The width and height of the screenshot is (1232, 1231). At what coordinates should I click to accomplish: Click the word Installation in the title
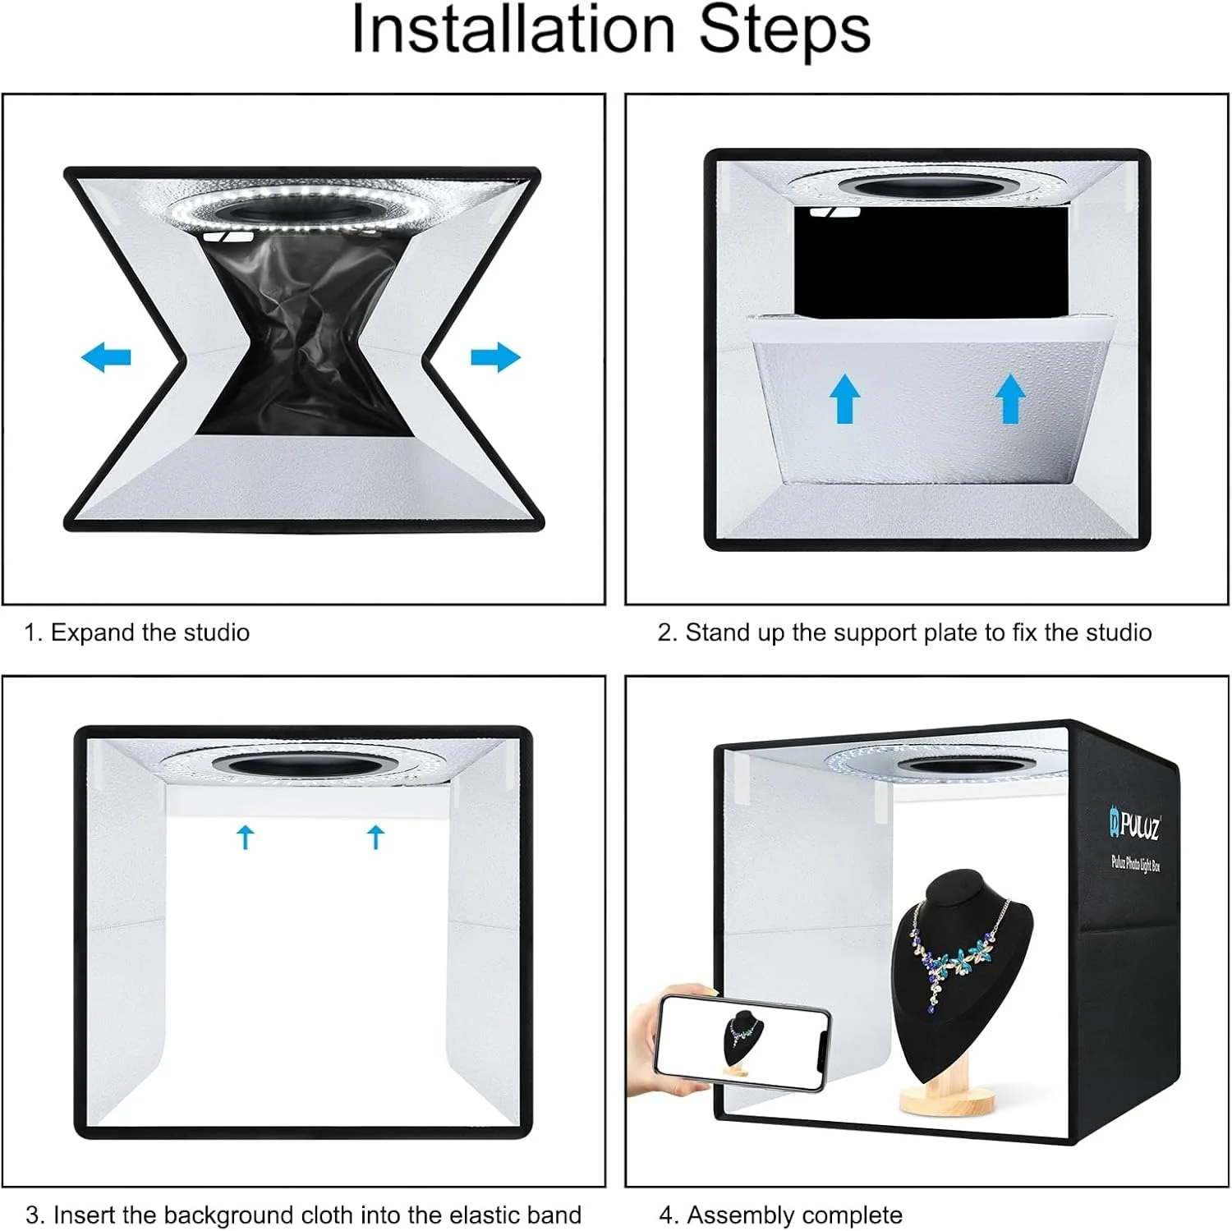pos(513,30)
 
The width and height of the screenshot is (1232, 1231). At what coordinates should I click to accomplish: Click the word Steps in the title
pos(784,30)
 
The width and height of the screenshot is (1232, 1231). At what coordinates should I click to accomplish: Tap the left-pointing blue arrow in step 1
pos(106,357)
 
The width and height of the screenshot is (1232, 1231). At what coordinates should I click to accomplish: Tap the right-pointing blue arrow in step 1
pos(496,357)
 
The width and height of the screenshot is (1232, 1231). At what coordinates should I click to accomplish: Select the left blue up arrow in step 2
pos(845,399)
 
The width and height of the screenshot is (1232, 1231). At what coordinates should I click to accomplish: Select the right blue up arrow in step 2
pos(1010,399)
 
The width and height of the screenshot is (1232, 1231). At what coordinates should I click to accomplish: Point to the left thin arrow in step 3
pos(245,838)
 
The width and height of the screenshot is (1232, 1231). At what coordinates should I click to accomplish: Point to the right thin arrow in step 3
pos(376,838)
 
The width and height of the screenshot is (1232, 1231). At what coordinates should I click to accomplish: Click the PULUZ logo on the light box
pos(1135,823)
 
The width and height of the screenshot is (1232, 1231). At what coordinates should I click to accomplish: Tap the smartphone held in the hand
pos(741,1041)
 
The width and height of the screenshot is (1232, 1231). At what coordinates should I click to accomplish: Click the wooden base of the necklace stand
pos(947,1100)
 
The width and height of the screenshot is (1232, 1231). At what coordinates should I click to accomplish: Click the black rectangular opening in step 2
pos(931,261)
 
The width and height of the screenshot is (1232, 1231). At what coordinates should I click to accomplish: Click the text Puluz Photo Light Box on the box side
pos(1136,862)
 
